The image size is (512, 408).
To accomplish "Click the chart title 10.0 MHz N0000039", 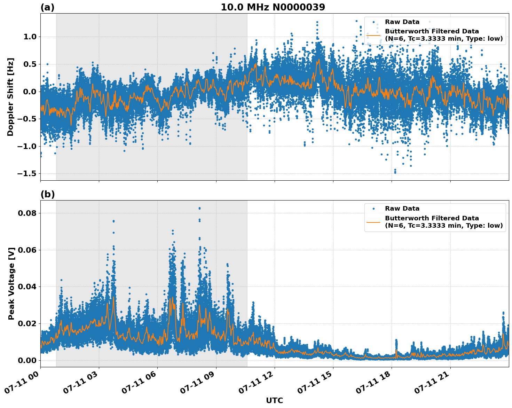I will [x=273, y=7].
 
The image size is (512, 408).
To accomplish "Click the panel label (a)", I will [x=47, y=7].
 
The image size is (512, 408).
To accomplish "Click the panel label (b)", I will [x=47, y=194].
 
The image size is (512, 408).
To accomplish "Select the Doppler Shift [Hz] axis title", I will [x=10, y=97].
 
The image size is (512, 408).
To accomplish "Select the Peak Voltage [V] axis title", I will [x=11, y=283].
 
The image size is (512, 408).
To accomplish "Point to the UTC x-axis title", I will [x=274, y=400].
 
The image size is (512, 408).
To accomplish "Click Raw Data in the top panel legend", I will [x=402, y=22].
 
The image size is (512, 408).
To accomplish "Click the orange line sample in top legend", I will [x=373, y=35].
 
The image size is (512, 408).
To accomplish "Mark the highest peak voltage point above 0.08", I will [x=199, y=208].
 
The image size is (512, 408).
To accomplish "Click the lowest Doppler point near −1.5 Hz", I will [x=395, y=172].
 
